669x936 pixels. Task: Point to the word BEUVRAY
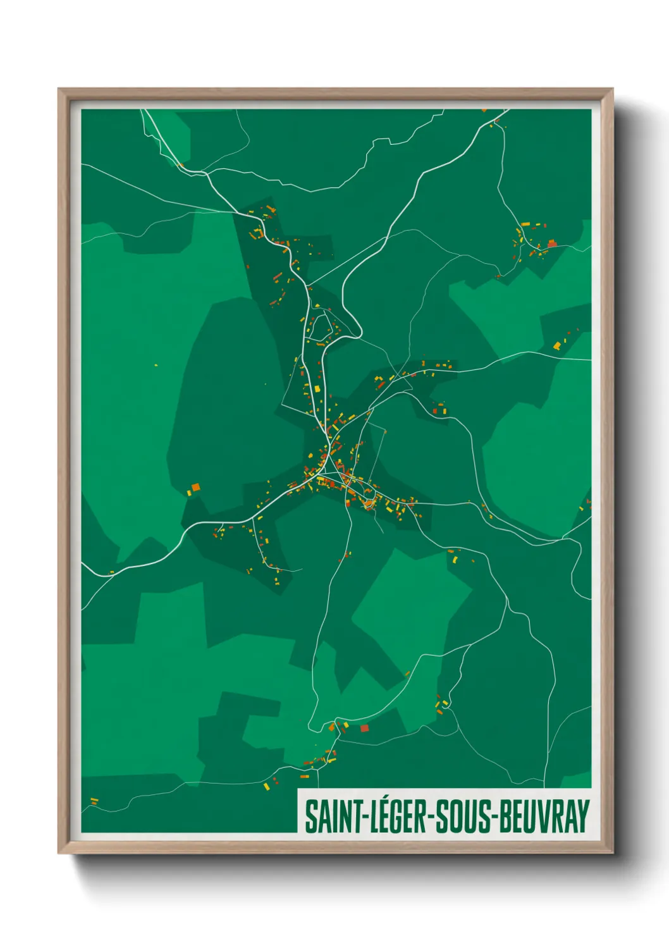point(544,816)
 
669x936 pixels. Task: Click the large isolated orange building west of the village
point(195,486)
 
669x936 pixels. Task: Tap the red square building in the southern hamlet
point(364,728)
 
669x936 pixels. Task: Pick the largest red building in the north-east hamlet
point(551,243)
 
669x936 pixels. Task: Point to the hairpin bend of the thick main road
point(358,329)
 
